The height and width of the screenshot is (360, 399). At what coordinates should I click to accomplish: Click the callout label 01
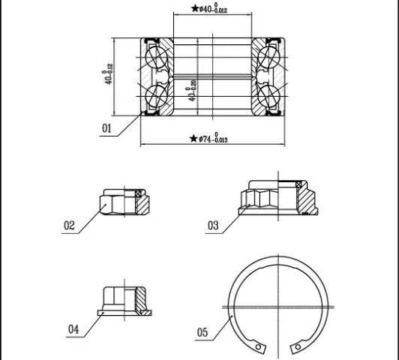pyautogui.click(x=106, y=128)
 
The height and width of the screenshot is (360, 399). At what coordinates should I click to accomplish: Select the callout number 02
pyautogui.click(x=69, y=226)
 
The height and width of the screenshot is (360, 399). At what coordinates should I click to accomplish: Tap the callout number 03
pyautogui.click(x=213, y=226)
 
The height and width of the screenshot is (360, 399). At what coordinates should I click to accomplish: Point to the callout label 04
pyautogui.click(x=73, y=329)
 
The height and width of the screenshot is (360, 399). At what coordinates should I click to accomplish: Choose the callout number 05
pyautogui.click(x=202, y=332)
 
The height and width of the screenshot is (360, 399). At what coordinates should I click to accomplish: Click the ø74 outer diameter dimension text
pyautogui.click(x=213, y=138)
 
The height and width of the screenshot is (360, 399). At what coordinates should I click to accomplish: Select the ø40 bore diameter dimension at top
pyautogui.click(x=213, y=9)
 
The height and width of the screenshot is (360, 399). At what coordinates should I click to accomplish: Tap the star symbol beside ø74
pyautogui.click(x=193, y=139)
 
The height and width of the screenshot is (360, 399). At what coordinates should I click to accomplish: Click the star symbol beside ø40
pyautogui.click(x=195, y=8)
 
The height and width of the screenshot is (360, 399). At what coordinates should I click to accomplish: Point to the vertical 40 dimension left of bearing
pyautogui.click(x=107, y=73)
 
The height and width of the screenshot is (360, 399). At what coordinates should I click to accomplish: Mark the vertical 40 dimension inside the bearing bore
pyautogui.click(x=192, y=90)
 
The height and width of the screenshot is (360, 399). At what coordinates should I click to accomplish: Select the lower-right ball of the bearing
pyautogui.click(x=268, y=96)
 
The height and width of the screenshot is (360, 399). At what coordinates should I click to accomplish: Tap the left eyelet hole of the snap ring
pyautogui.click(x=258, y=346)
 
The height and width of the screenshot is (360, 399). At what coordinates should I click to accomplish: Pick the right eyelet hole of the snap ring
pyautogui.click(x=298, y=346)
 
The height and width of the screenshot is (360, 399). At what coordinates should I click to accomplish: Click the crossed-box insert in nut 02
pyautogui.click(x=139, y=193)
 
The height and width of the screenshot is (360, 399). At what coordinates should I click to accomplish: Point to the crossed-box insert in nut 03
pyautogui.click(x=299, y=184)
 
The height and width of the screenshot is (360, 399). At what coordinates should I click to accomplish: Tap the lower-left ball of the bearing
pyautogui.click(x=156, y=96)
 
